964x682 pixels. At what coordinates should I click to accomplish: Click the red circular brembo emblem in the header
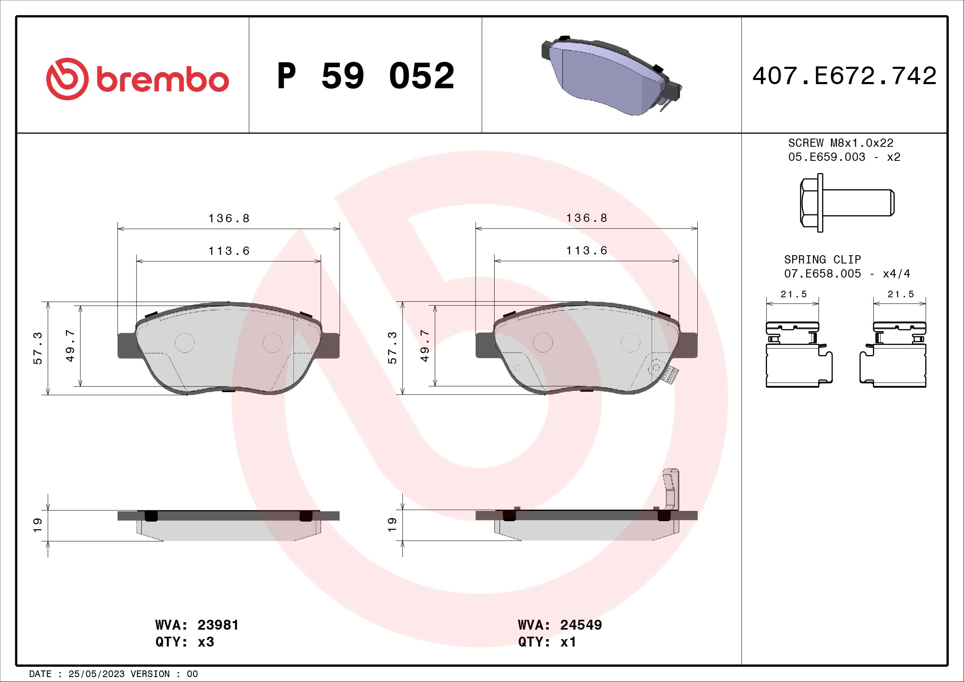pos(67,79)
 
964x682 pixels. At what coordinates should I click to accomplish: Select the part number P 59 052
pos(365,76)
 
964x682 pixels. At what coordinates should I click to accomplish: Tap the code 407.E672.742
pos(844,76)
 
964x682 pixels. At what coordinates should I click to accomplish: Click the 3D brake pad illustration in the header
pos(611,75)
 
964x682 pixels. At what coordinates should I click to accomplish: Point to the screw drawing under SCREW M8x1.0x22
pos(847,203)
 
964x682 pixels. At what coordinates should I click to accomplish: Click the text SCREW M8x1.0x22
pos(840,143)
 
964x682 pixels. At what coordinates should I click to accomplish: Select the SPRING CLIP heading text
pos(822,259)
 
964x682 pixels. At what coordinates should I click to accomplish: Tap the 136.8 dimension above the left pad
pos(229,219)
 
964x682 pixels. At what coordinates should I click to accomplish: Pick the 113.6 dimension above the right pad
pos(586,251)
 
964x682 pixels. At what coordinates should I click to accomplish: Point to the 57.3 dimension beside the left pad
pos(38,348)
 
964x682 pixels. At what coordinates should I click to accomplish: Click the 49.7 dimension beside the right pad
pos(425,346)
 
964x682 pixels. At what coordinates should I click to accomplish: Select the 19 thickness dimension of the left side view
pos(38,525)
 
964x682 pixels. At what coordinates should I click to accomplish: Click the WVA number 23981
pos(218,625)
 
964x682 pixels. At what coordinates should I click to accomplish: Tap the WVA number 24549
pos(581,625)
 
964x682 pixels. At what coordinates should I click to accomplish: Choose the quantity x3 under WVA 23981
pos(206,642)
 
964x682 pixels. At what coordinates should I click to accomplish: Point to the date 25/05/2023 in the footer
pos(96,674)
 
